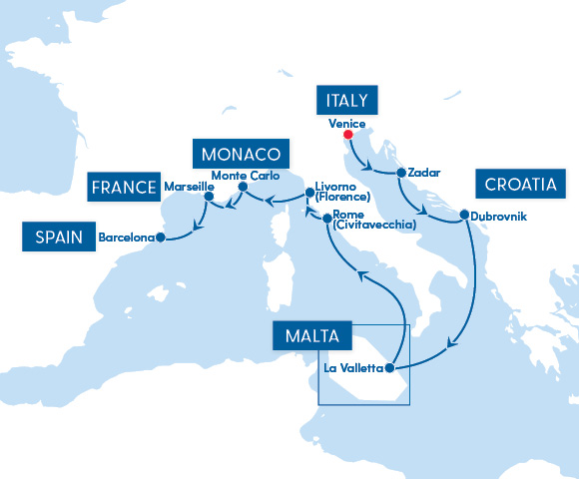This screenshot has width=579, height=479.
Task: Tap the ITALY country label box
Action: tap(346, 100)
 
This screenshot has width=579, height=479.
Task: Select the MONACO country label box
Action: tap(244, 155)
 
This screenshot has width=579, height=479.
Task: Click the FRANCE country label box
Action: tap(123, 187)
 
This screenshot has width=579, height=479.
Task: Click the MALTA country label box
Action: tap(311, 336)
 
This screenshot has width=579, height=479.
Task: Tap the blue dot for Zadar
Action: tap(401, 173)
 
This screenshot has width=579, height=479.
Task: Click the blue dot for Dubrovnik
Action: tap(464, 215)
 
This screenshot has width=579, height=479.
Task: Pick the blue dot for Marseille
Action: tap(208, 197)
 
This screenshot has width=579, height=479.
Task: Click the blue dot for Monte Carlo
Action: tap(243, 187)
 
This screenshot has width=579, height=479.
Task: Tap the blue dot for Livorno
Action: tap(307, 187)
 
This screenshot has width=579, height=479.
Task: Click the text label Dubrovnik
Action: tap(498, 216)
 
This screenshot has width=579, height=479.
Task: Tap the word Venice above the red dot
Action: tap(348, 122)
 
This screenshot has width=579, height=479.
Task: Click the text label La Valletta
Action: tap(355, 368)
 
